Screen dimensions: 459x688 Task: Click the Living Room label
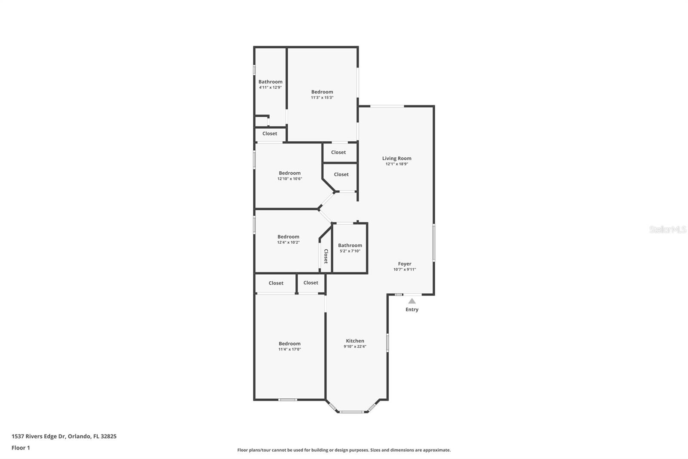[396, 158]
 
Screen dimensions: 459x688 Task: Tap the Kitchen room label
[355, 341]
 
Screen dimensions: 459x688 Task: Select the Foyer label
[404, 264]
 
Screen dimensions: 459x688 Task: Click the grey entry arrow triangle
[412, 301]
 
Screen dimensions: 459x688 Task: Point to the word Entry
[412, 310]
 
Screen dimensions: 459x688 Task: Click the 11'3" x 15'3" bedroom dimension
[322, 98]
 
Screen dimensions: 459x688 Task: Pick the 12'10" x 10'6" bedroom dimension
[289, 179]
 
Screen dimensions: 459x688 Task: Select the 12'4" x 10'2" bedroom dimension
[288, 242]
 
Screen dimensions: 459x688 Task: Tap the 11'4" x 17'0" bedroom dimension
[289, 349]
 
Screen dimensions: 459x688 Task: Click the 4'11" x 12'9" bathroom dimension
[270, 87]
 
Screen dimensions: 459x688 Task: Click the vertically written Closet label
[326, 256]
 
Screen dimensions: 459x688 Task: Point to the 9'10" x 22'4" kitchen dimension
[355, 347]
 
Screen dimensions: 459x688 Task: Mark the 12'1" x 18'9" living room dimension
[396, 164]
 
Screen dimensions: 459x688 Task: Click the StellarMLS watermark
[667, 229]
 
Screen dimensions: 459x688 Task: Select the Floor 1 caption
[21, 448]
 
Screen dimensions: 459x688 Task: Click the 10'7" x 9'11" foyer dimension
[404, 270]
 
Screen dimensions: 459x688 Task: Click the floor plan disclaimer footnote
[344, 450]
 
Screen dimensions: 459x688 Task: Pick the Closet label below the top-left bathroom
[270, 133]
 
